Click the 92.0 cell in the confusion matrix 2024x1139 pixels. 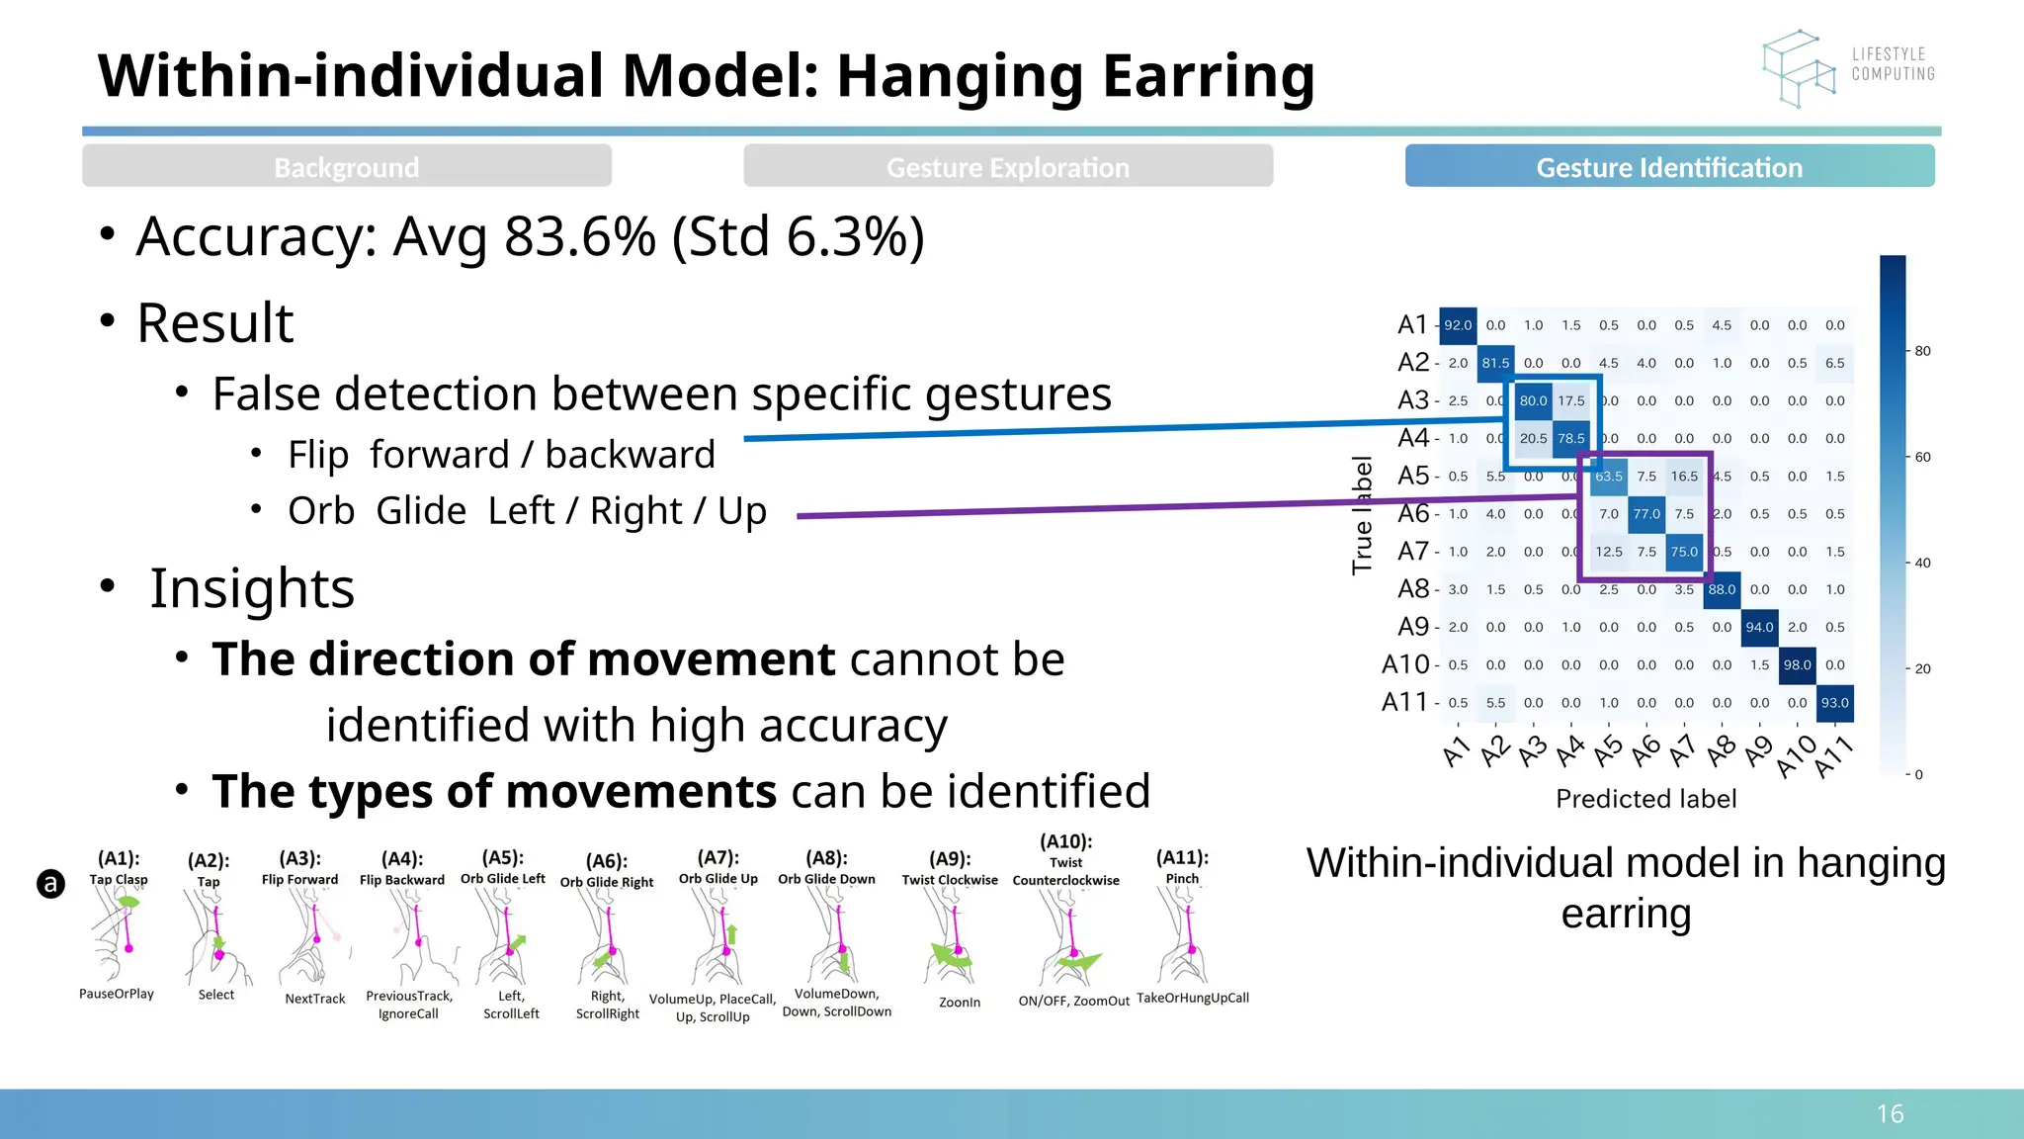[x=1458, y=325]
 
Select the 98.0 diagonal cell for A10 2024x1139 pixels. [x=1797, y=665]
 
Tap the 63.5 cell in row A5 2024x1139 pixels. [x=1608, y=477]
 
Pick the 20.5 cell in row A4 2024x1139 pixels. [x=1533, y=439]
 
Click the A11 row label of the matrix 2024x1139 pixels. [x=1404, y=702]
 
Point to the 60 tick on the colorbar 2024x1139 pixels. [x=1922, y=457]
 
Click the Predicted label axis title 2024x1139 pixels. [x=1645, y=799]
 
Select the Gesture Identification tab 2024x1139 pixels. [x=1669, y=167]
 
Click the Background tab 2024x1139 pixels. [x=347, y=167]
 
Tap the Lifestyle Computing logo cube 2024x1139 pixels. [x=1797, y=68]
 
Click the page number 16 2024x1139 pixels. [x=1890, y=1114]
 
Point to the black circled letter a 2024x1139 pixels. [x=50, y=883]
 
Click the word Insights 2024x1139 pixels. [x=252, y=588]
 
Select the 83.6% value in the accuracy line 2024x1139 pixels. [x=580, y=237]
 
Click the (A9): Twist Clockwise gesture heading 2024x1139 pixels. [x=950, y=868]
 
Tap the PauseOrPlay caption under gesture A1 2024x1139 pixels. [x=117, y=994]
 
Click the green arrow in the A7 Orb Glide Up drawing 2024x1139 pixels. [x=731, y=933]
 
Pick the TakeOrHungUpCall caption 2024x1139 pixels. [x=1192, y=998]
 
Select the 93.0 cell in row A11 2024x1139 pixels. [x=1834, y=703]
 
